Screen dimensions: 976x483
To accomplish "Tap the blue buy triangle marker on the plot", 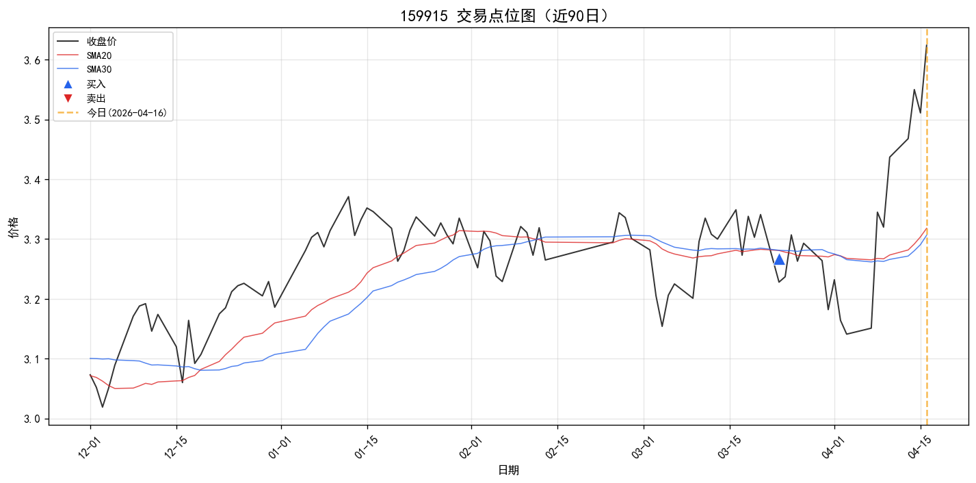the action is [779, 260].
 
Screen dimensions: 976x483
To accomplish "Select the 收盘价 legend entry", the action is [87, 42].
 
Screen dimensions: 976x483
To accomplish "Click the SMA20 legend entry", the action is [85, 55].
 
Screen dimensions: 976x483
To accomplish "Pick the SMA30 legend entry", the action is [85, 69].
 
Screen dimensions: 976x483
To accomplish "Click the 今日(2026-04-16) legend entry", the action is [112, 113].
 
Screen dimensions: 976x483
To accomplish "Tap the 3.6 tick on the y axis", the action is [32, 60].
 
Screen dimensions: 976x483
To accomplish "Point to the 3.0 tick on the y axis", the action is [32, 419].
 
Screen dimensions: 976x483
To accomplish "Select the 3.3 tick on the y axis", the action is [32, 239].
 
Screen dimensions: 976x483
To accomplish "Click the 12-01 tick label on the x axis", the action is [90, 447].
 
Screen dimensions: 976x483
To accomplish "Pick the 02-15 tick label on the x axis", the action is [557, 447].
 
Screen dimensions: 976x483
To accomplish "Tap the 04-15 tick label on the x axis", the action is [919, 447].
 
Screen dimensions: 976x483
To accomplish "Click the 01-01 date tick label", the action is [280, 447].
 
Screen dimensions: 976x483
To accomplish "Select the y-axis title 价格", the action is [14, 227].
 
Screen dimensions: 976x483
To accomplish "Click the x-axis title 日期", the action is [508, 470].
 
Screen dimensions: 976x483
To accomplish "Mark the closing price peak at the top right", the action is [926, 45].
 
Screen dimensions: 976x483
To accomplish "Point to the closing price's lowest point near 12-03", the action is [103, 407].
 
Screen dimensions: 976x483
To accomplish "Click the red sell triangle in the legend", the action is [68, 99].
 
